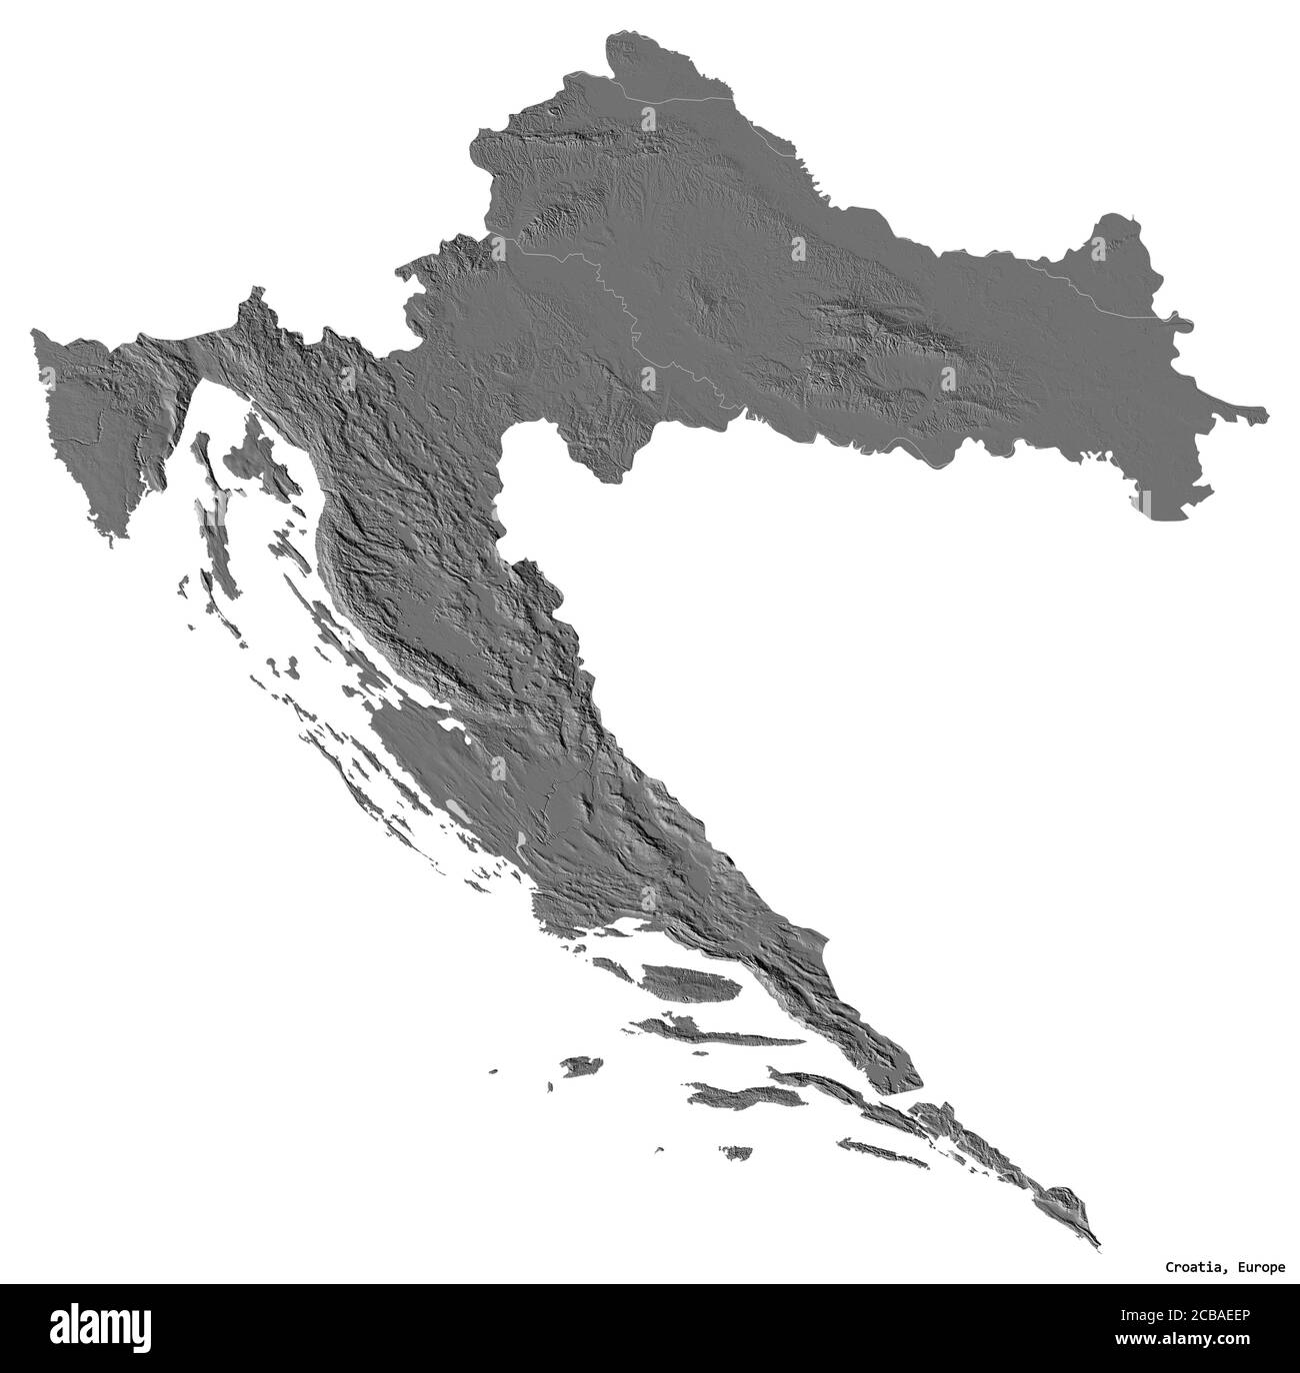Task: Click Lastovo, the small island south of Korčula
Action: (738, 1153)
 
